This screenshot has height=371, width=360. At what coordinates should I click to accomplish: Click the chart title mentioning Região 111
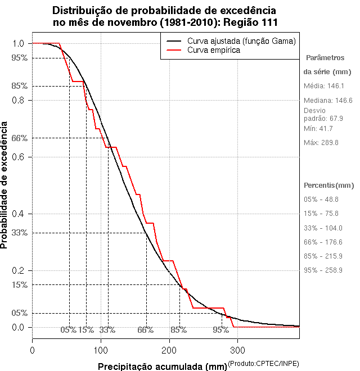(165, 16)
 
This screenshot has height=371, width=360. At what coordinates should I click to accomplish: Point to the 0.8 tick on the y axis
(18, 100)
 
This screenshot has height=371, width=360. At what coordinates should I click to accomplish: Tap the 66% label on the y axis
(19, 138)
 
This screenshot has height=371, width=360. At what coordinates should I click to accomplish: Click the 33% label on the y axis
(19, 232)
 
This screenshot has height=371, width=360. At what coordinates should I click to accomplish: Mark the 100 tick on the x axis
(101, 350)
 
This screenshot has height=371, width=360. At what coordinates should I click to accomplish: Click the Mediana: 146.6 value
(328, 100)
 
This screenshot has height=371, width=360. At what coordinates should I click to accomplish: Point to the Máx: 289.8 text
(321, 143)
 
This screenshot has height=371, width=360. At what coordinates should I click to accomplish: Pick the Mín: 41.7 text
(318, 129)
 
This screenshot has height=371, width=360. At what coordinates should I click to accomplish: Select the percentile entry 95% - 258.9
(323, 270)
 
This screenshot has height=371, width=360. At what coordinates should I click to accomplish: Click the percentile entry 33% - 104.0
(323, 228)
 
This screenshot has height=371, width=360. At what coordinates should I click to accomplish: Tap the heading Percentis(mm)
(329, 185)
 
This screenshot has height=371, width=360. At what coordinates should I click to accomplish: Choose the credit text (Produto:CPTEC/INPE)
(263, 364)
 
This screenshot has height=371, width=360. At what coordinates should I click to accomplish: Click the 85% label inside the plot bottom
(179, 330)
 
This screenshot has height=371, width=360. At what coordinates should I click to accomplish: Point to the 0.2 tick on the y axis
(18, 270)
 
